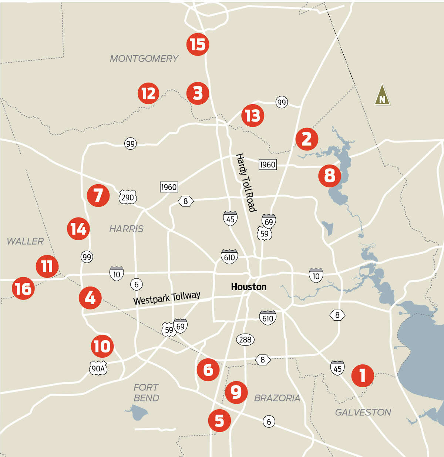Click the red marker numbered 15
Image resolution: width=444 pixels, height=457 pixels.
(x=198, y=44)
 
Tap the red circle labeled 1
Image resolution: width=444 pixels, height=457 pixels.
(x=363, y=375)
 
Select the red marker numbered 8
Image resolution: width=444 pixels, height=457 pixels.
(x=329, y=175)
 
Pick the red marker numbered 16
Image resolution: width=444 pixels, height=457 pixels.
(x=23, y=289)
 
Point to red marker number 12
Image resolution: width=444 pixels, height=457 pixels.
(x=148, y=93)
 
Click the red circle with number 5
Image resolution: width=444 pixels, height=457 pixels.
(x=219, y=421)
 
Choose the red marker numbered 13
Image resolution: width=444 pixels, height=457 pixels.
(x=253, y=116)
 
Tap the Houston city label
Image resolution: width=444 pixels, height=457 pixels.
(x=249, y=287)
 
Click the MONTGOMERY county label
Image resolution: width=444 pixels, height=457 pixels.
(x=144, y=59)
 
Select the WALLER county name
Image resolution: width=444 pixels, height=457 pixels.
(x=25, y=241)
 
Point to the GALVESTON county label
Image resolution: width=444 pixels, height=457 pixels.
(x=363, y=412)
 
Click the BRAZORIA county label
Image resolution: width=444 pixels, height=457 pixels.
(x=277, y=398)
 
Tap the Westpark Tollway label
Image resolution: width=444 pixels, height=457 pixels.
(x=167, y=298)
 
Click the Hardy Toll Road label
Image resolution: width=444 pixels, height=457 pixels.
(x=246, y=183)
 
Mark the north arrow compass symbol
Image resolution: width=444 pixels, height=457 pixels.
(x=382, y=95)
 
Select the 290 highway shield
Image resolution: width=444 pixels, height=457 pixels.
(x=128, y=197)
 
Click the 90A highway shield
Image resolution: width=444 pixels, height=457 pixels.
(x=98, y=368)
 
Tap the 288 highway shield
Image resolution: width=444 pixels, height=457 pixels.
(x=245, y=340)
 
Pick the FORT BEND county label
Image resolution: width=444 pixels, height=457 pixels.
(x=146, y=393)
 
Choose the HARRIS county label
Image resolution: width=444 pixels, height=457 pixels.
(x=126, y=229)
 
